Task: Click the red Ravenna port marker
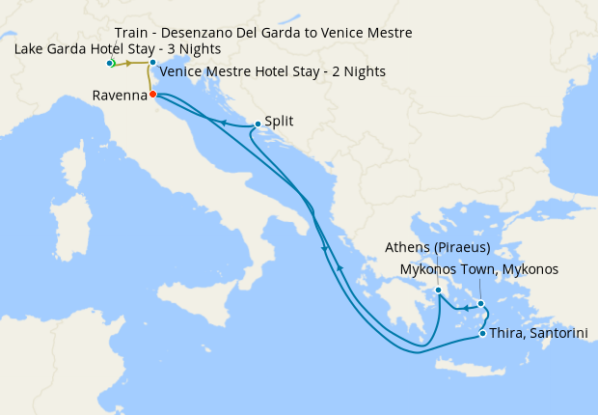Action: [153, 95]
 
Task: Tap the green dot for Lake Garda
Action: [111, 63]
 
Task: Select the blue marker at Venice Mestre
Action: [152, 63]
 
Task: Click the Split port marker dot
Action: [257, 124]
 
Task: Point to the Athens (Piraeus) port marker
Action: [438, 290]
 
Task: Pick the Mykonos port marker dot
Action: [480, 303]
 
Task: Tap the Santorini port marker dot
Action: [482, 334]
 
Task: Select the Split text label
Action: [279, 122]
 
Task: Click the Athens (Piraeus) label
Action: [437, 246]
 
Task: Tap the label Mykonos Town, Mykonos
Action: [478, 269]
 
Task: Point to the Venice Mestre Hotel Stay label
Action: [273, 71]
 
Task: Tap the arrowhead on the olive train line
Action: [128, 63]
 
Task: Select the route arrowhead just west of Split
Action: [223, 123]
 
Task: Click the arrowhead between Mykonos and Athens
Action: [464, 309]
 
